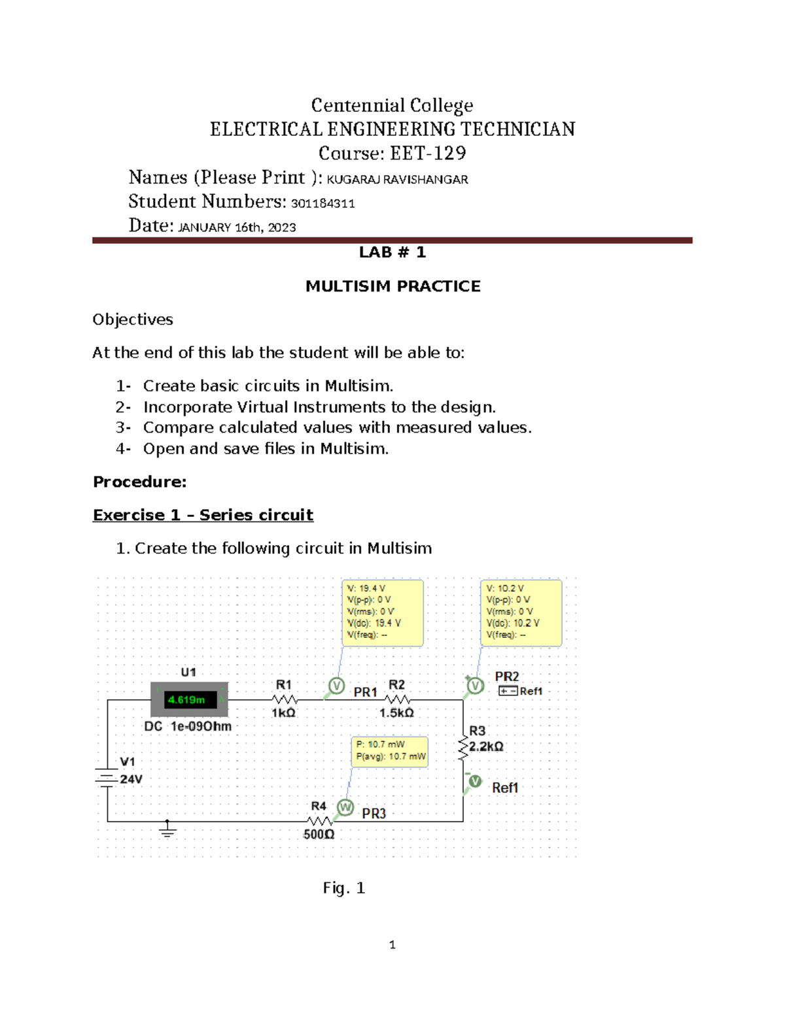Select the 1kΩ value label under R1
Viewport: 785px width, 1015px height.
pyautogui.click(x=283, y=713)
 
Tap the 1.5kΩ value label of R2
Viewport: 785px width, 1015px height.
pyautogui.click(x=396, y=713)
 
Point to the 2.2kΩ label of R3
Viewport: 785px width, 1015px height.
pyautogui.click(x=486, y=746)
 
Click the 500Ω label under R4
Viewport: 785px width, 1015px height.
pyautogui.click(x=319, y=835)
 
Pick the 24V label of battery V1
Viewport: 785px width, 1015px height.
pyautogui.click(x=131, y=779)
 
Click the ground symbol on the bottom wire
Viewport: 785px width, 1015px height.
pyautogui.click(x=167, y=830)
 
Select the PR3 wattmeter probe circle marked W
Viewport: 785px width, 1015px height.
pyautogui.click(x=345, y=808)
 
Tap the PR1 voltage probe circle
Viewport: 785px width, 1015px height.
pyautogui.click(x=336, y=686)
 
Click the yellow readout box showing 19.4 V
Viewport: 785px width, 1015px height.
pyautogui.click(x=383, y=612)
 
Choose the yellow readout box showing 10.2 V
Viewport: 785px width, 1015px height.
pyautogui.click(x=521, y=612)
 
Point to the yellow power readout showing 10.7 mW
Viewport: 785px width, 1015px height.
pyautogui.click(x=390, y=751)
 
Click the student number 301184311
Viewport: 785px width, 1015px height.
pyautogui.click(x=323, y=203)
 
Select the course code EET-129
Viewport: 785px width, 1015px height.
pyautogui.click(x=428, y=154)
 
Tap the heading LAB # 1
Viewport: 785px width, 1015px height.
pyautogui.click(x=392, y=252)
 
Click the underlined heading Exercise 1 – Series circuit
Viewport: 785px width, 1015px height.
pyautogui.click(x=203, y=515)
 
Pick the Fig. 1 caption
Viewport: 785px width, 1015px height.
pyautogui.click(x=343, y=888)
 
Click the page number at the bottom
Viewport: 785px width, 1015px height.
pyautogui.click(x=392, y=944)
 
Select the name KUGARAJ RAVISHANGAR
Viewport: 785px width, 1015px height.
pyautogui.click(x=397, y=179)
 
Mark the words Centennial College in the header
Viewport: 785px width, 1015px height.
pyautogui.click(x=392, y=105)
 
